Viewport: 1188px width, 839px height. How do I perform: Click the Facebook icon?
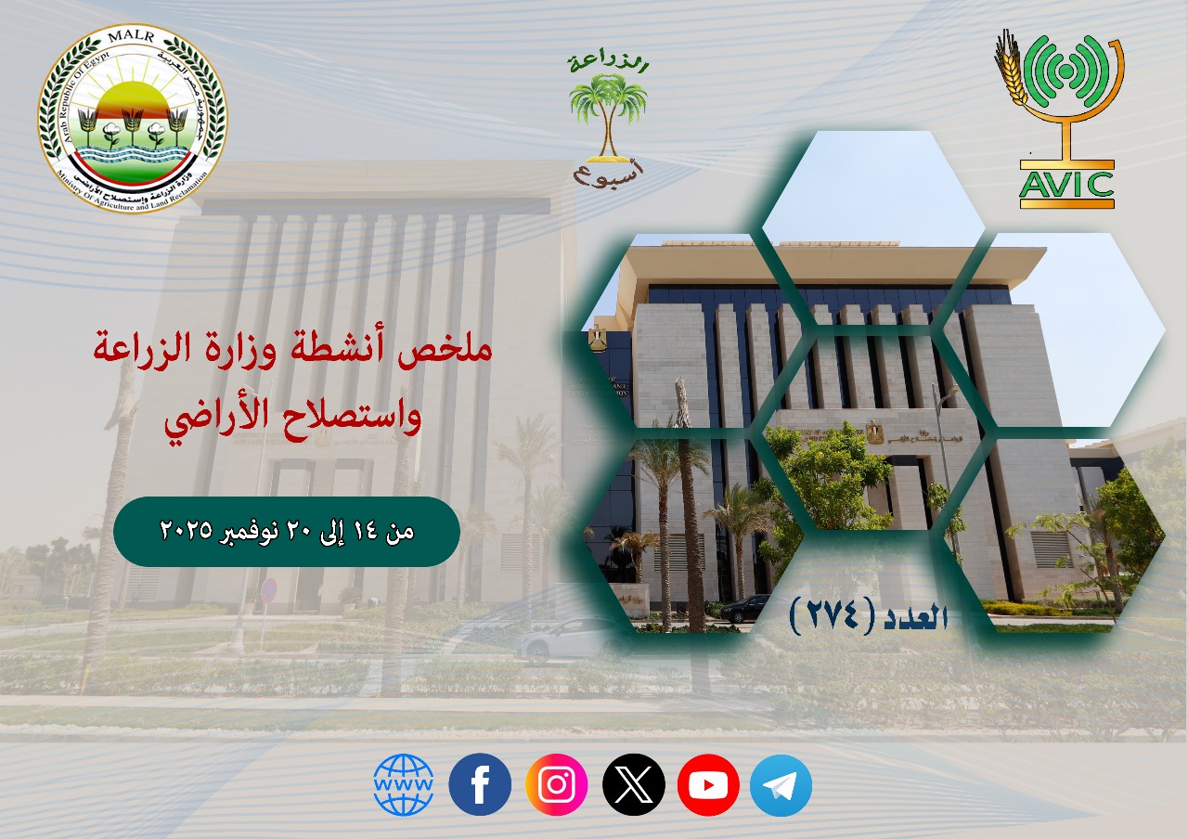click(x=480, y=784)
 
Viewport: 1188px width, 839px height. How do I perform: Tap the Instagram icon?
click(x=556, y=784)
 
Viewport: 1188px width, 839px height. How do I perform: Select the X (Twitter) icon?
click(x=633, y=784)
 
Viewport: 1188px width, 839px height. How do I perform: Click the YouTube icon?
click(x=708, y=785)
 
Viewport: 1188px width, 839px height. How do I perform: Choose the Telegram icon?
click(x=781, y=785)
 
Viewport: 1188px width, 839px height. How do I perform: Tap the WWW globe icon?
click(x=404, y=784)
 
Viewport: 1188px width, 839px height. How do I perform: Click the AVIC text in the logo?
click(x=1066, y=185)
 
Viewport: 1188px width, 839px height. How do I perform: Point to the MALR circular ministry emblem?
click(x=133, y=119)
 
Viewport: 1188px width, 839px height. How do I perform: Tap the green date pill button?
click(x=287, y=532)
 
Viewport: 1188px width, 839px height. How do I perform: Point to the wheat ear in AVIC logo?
click(x=1011, y=70)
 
